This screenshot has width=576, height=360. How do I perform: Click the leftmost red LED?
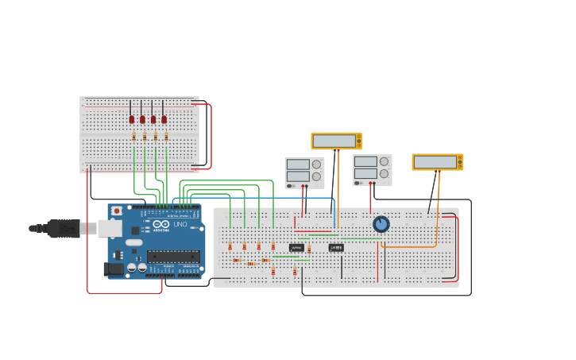(x=132, y=119)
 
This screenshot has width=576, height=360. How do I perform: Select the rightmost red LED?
(x=164, y=119)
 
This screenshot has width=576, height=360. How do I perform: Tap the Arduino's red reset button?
(x=117, y=211)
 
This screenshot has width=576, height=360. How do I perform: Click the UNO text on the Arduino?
(x=180, y=224)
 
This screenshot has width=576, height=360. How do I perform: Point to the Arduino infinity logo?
(x=161, y=224)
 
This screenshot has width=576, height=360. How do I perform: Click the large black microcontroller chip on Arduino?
(x=173, y=256)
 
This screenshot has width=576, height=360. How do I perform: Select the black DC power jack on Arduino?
(x=114, y=269)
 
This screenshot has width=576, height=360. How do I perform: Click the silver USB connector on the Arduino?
(x=109, y=228)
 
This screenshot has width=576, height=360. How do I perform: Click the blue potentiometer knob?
(x=381, y=224)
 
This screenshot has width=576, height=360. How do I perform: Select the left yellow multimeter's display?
(x=334, y=141)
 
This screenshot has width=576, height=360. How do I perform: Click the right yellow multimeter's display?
(x=435, y=161)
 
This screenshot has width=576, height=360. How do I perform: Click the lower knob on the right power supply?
(x=384, y=172)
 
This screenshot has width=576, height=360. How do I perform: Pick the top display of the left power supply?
(x=298, y=165)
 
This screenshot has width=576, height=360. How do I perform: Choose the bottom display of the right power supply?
(x=365, y=172)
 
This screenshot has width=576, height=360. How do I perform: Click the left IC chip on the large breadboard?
(x=296, y=248)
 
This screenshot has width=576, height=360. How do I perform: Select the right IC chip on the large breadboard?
(x=336, y=247)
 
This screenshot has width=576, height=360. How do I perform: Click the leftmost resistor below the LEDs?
(x=134, y=137)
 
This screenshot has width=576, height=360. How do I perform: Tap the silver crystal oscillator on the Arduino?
(x=133, y=242)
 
